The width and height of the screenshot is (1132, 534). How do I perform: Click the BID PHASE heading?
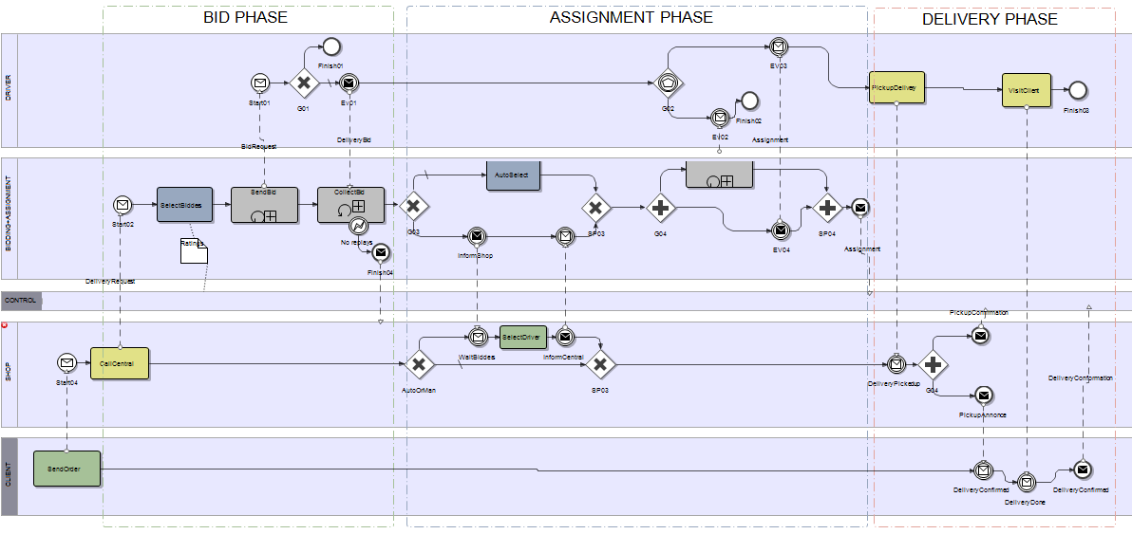[245, 17]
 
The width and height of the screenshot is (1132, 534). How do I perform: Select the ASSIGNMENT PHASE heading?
[632, 17]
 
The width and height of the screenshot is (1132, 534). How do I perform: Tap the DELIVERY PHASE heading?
[990, 19]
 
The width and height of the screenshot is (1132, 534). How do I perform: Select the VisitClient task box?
[1027, 90]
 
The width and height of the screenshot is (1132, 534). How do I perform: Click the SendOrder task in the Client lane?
[66, 469]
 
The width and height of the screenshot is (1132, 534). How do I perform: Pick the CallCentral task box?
[120, 363]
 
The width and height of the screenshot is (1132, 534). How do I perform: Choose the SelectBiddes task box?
[184, 205]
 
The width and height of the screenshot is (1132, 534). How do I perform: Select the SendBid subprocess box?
[264, 205]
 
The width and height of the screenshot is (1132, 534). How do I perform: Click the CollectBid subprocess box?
[350, 205]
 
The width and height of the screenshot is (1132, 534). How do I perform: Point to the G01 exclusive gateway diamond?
[304, 83]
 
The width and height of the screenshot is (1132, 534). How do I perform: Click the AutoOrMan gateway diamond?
[419, 364]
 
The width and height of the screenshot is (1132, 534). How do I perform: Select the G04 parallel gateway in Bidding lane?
[661, 207]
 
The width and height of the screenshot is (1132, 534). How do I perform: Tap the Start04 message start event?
[66, 362]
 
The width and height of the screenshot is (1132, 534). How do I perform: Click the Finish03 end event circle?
[1078, 90]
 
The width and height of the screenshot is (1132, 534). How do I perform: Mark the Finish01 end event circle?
[330, 46]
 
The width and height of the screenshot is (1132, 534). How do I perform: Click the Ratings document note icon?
[194, 250]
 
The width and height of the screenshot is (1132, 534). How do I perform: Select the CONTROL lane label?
[21, 301]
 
